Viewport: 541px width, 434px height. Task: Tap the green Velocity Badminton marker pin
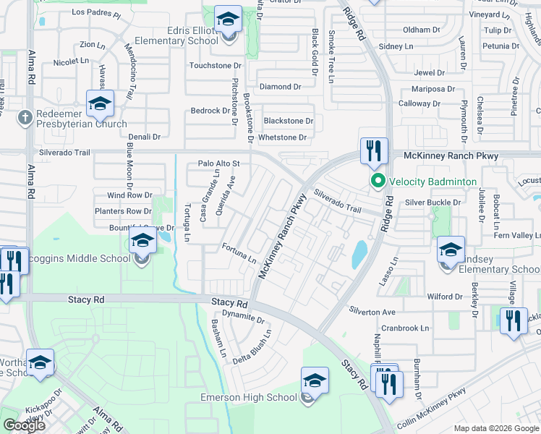(x=377, y=182)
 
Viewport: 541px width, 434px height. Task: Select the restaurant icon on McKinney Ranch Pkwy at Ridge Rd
(x=374, y=151)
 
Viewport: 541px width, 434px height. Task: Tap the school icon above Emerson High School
(x=315, y=380)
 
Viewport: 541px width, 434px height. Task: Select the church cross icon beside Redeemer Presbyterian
(x=24, y=116)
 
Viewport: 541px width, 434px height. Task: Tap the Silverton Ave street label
(x=372, y=312)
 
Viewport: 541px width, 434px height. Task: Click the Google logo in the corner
(x=24, y=425)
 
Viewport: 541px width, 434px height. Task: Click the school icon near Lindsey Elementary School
(x=451, y=251)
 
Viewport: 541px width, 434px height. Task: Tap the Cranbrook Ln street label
(x=405, y=328)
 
